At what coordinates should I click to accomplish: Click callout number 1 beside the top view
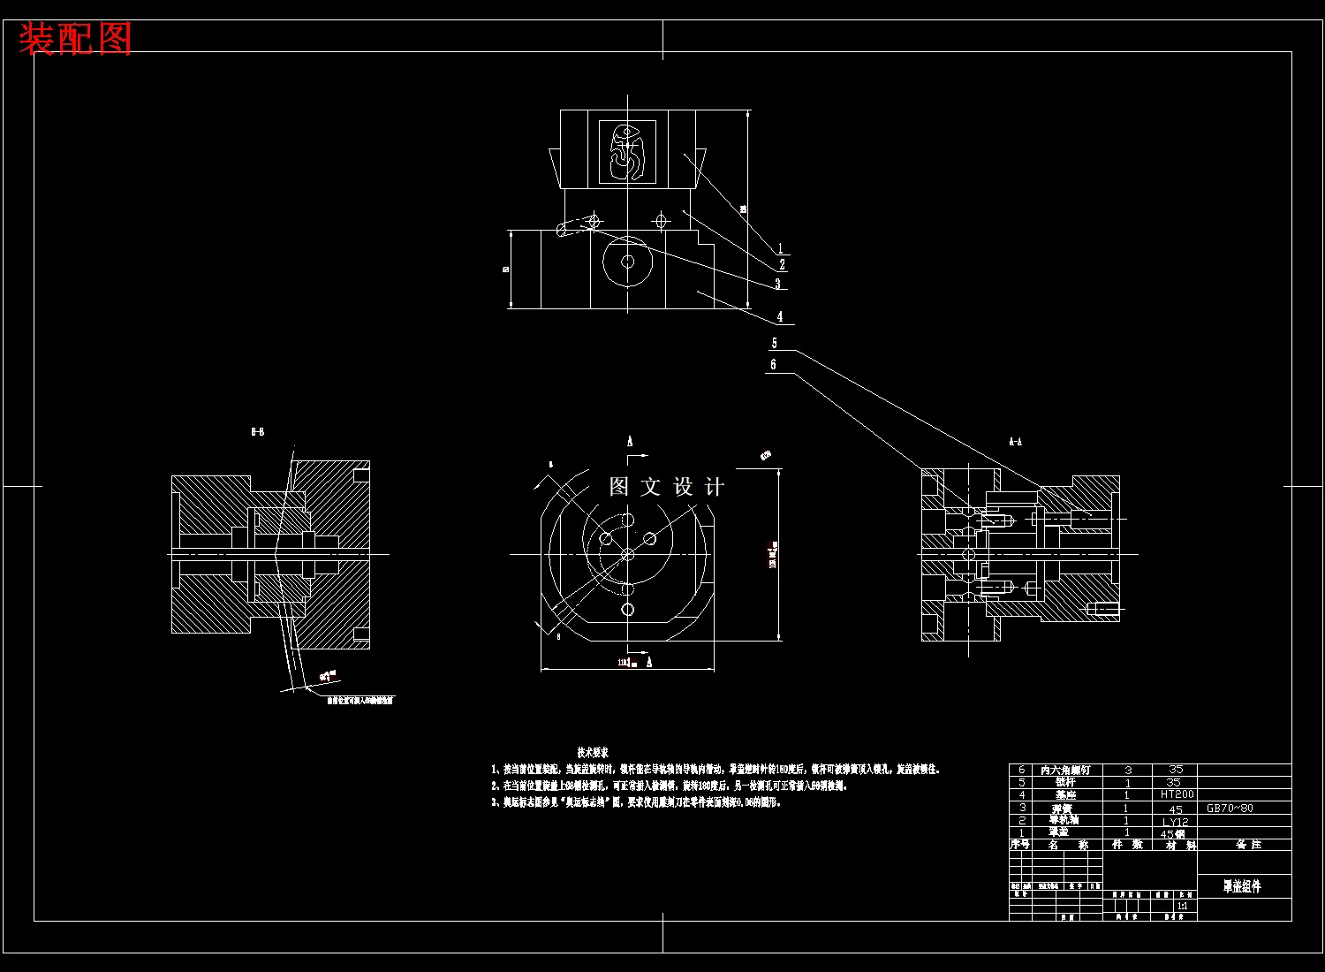[x=780, y=249]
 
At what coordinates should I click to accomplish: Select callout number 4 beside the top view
[x=780, y=316]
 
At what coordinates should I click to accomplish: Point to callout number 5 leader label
[x=775, y=344]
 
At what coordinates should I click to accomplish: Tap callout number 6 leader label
[x=774, y=364]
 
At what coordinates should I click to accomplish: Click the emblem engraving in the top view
[x=627, y=151]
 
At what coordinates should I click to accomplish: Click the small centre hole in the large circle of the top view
[x=627, y=262]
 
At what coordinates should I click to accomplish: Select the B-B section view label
[x=258, y=432]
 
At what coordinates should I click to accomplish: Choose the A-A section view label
[x=1015, y=441]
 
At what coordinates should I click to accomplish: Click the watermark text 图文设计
[x=667, y=487]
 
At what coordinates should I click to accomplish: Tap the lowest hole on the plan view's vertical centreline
[x=627, y=610]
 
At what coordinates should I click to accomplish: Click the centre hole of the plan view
[x=627, y=555]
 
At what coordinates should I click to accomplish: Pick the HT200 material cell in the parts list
[x=1177, y=794]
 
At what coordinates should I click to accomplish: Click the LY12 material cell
[x=1175, y=821]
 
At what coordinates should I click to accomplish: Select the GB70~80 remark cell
[x=1230, y=808]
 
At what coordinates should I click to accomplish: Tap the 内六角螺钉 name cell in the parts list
[x=1065, y=770]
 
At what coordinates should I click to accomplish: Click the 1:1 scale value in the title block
[x=1182, y=906]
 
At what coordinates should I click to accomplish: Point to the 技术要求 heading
[x=593, y=752]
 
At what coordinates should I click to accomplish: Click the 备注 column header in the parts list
[x=1248, y=845]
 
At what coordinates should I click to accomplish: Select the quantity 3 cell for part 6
[x=1128, y=770]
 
